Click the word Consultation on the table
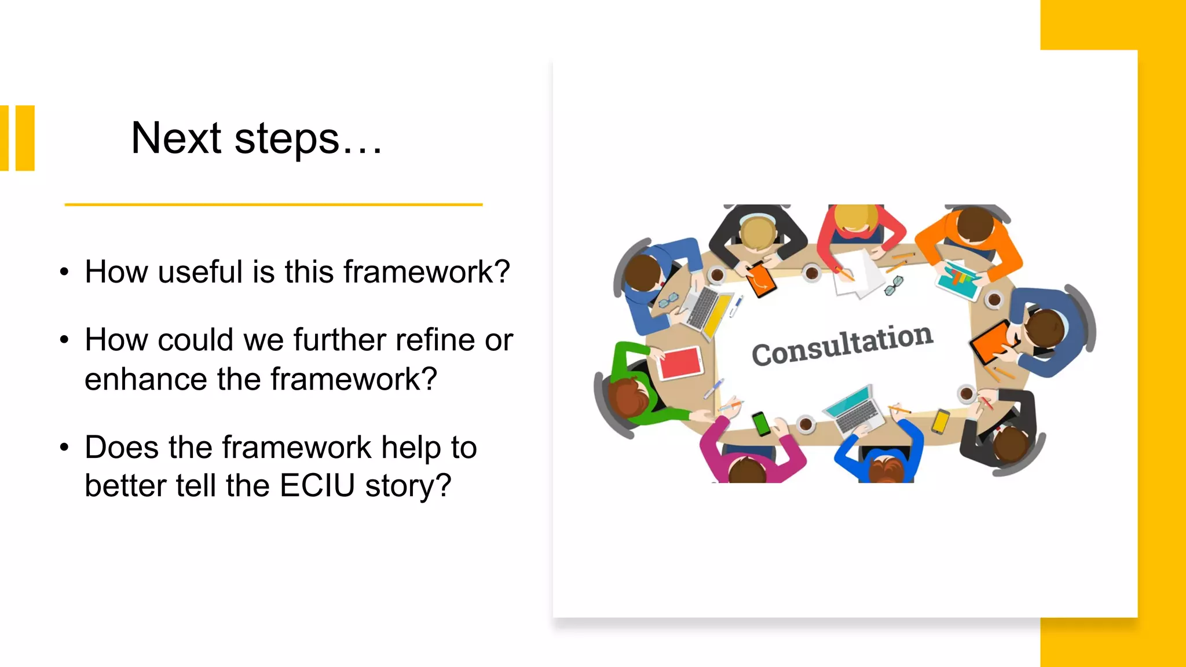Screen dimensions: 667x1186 pyautogui.click(x=843, y=345)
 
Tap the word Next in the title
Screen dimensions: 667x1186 pyautogui.click(x=176, y=138)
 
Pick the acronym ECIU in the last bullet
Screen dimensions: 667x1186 pyautogui.click(x=317, y=485)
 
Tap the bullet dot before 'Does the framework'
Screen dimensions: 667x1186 pyautogui.click(x=64, y=447)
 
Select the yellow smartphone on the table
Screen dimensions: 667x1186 pyautogui.click(x=940, y=421)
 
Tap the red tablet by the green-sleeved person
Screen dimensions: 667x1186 pyautogui.click(x=680, y=362)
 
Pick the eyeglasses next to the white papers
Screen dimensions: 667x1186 pyautogui.click(x=894, y=285)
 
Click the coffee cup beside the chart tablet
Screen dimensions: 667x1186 pyautogui.click(x=994, y=300)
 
